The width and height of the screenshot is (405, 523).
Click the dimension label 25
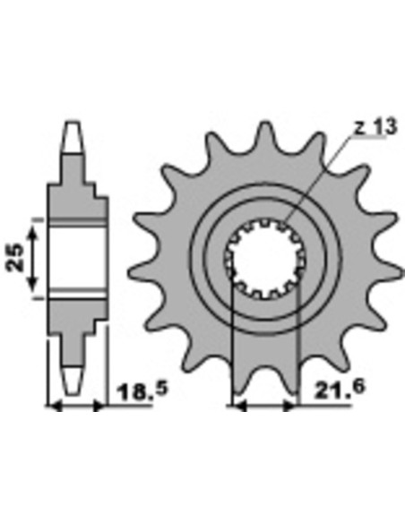coord(15,258)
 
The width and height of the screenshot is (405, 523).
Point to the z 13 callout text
coord(375,127)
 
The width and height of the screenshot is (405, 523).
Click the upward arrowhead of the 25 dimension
coord(32,231)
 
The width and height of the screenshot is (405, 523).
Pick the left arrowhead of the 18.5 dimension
coord(55,407)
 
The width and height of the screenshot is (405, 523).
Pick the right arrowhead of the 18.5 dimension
coord(99,407)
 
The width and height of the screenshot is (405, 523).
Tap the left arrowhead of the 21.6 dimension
coord(239,407)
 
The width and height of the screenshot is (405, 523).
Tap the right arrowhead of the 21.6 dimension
coord(289,407)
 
